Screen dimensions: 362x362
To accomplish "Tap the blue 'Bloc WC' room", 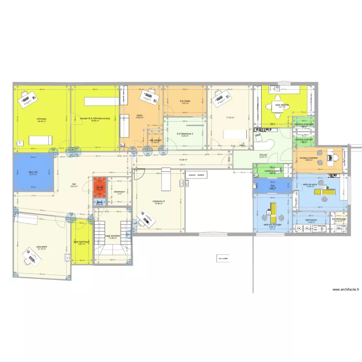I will point(33,172).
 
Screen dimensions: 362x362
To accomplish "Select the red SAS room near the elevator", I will point(99,188).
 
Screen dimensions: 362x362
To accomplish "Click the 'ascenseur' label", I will point(119,192).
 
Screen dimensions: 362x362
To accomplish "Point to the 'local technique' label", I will point(82,242).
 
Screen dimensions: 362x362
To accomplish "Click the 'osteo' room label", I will point(139,115).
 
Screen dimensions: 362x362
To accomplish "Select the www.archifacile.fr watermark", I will point(346,290).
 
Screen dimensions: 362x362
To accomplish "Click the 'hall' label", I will point(74,184).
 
